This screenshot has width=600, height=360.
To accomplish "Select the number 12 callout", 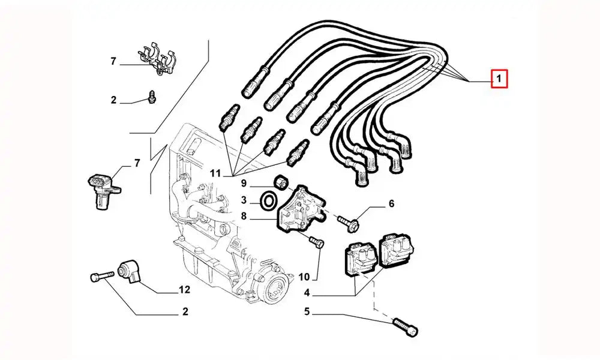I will [184, 290].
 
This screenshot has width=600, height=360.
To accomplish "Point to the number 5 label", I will [307, 311].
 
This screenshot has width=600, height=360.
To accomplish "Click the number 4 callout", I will [307, 294].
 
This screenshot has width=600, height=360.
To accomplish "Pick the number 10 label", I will [304, 277].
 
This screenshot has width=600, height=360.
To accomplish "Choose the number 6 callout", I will [391, 204].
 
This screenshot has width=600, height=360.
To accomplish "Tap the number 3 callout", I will [244, 200].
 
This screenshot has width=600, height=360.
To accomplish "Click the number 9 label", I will [244, 182].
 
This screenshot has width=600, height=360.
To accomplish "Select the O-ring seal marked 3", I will [269, 200].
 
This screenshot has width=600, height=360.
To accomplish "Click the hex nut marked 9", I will [280, 181].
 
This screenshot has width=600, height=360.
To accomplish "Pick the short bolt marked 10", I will [317, 243].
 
